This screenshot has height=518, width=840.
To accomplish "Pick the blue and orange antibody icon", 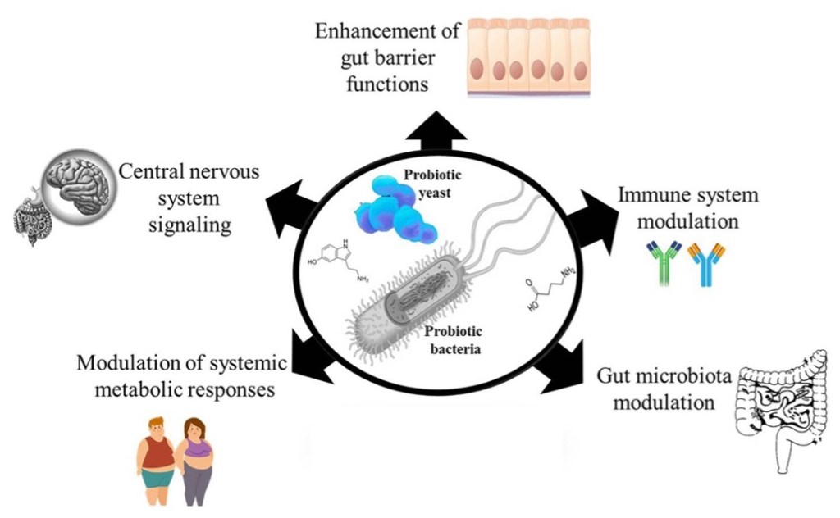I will [x=706, y=263].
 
